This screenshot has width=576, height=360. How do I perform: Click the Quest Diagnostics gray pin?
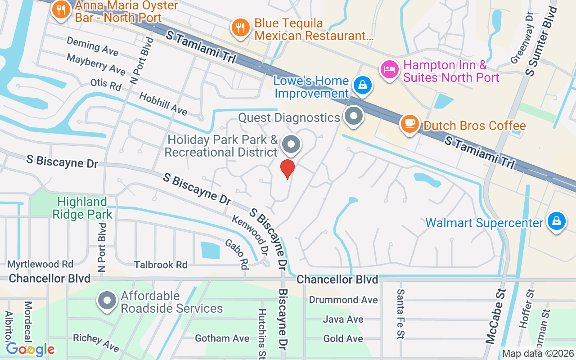354,116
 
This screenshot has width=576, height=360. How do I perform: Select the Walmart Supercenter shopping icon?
556,221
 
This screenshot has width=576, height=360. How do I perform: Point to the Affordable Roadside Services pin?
108,300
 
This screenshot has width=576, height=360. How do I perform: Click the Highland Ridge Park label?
82,207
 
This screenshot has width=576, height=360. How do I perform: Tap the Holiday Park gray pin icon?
291,145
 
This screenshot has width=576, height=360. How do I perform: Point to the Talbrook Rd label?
161,265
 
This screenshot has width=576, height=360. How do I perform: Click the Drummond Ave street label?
343,300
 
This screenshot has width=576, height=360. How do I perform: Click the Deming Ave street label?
92,46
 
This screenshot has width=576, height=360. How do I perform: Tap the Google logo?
31,349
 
